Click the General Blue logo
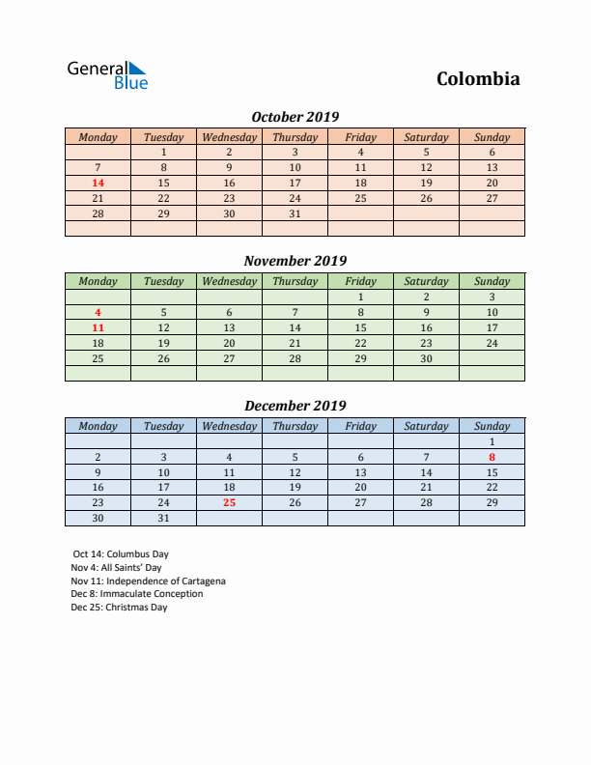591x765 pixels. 107,75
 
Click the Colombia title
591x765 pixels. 478,79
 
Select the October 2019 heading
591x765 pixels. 295,117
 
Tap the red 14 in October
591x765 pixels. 98,183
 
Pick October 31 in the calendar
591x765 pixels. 295,213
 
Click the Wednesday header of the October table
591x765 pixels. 229,137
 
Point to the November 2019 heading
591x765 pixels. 295,261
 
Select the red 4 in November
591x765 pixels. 98,312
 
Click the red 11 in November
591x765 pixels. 98,327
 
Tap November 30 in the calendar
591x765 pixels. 426,358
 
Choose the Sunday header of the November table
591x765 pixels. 492,281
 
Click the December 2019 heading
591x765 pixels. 295,406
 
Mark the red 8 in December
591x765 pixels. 492,457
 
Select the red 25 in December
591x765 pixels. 229,502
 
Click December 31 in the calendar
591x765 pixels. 163,518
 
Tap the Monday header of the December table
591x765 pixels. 98,426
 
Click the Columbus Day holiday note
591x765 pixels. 121,554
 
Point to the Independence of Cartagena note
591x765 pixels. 148,581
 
